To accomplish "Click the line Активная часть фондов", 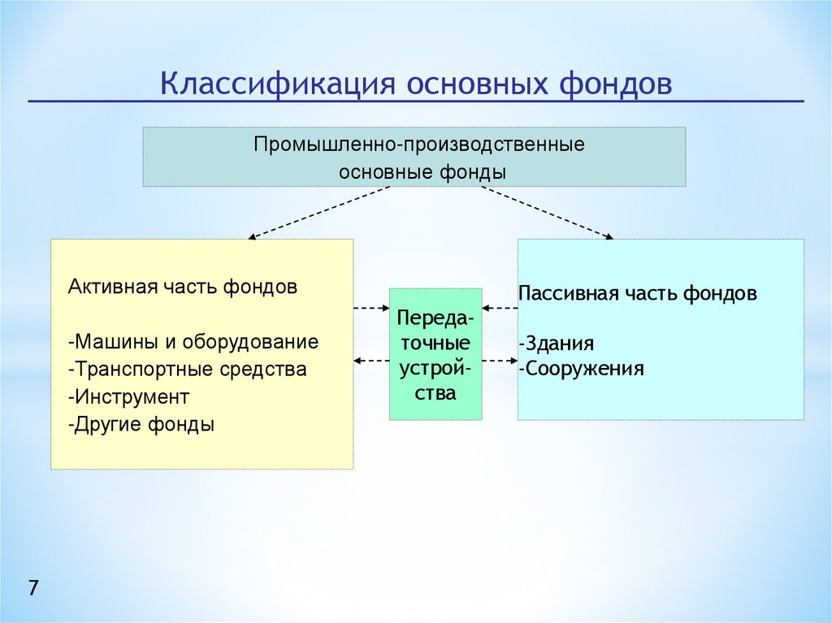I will coord(183,288).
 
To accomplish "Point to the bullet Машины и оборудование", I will coord(194,342).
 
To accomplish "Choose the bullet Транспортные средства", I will coord(188,370).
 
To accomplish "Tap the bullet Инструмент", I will coord(129,397).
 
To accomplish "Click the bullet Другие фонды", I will coord(142,425).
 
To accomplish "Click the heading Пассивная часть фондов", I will coord(638,293).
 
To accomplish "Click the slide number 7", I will coord(33,588).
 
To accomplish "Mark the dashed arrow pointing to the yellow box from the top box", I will coord(318,213).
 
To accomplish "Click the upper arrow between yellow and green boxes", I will coord(371,308).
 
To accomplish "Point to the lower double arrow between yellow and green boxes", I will coord(371,360).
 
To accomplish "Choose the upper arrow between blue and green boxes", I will coord(500,308).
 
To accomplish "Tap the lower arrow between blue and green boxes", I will coord(500,360).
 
